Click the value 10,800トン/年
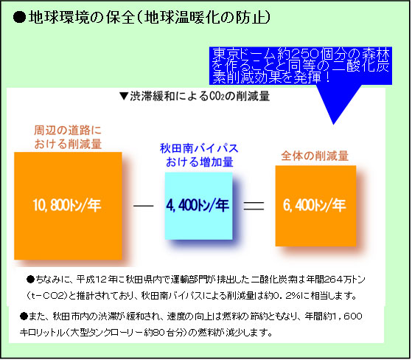(x=67, y=205)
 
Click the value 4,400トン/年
(x=198, y=205)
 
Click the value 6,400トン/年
(x=315, y=205)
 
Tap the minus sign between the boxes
(x=144, y=206)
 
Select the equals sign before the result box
(x=254, y=206)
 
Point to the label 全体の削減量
(x=315, y=156)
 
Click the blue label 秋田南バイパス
(x=199, y=148)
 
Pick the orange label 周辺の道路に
(x=68, y=130)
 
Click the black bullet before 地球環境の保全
(x=19, y=18)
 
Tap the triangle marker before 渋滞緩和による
(x=124, y=96)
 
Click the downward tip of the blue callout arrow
(x=333, y=124)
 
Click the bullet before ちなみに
(x=30, y=280)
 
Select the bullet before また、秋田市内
(x=24, y=316)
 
